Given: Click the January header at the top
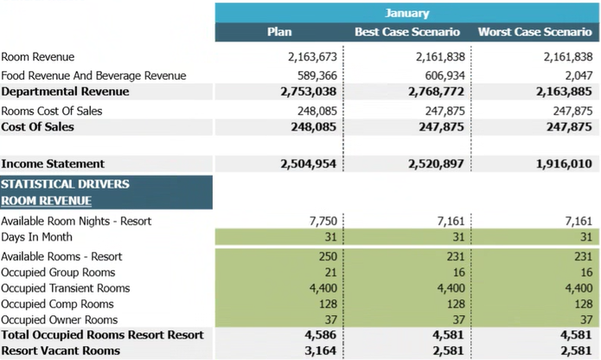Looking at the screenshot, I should [407, 13].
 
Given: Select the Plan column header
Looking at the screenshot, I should [279, 32].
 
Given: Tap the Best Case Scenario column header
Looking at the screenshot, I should [407, 32].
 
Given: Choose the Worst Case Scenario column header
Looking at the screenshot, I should [535, 32].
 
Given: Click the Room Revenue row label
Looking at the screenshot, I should [37, 57].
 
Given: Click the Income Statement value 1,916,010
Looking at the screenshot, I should [561, 164].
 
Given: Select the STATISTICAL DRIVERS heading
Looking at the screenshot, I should [65, 184].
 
